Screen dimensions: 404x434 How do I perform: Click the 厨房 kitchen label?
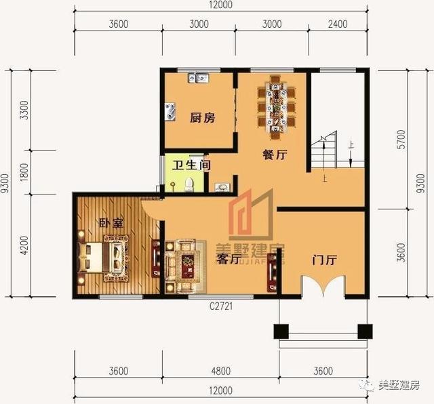[201, 118]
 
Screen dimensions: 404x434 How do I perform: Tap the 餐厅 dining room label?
[275, 155]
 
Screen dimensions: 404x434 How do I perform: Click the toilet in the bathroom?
[189, 184]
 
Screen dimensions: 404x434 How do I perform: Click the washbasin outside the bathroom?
[222, 186]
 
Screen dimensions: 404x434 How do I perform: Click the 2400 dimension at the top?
[337, 24]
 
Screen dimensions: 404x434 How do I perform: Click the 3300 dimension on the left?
[25, 110]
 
